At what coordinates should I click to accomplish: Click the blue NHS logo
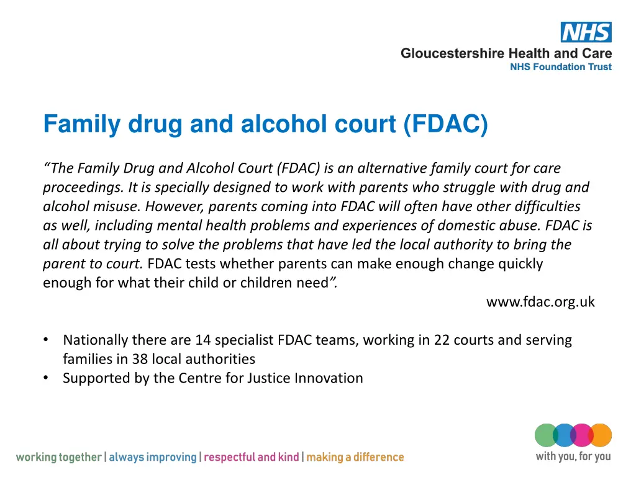[586, 32]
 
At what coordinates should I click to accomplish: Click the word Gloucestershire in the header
[452, 53]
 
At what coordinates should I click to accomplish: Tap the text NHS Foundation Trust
[560, 67]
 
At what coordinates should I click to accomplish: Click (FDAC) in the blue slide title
[445, 124]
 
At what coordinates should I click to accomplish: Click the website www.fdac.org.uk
[540, 302]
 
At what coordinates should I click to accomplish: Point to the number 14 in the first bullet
[202, 340]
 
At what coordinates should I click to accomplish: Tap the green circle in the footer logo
[547, 435]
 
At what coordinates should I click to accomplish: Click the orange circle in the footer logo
[601, 435]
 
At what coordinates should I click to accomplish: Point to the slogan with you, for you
[573, 457]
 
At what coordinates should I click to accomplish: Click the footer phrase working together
[58, 458]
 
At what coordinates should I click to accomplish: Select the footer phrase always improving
[153, 458]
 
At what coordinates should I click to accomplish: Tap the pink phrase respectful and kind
[252, 458]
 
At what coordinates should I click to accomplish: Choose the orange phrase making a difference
[355, 458]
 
